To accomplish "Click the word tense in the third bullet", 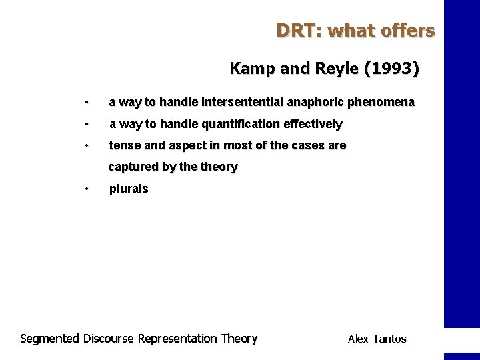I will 123,145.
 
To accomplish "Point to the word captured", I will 132,167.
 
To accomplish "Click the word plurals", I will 129,189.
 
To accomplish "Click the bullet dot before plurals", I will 87,189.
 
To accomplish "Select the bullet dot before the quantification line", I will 87,124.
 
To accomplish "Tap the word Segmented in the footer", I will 50,339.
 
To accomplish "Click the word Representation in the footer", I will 177,339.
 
